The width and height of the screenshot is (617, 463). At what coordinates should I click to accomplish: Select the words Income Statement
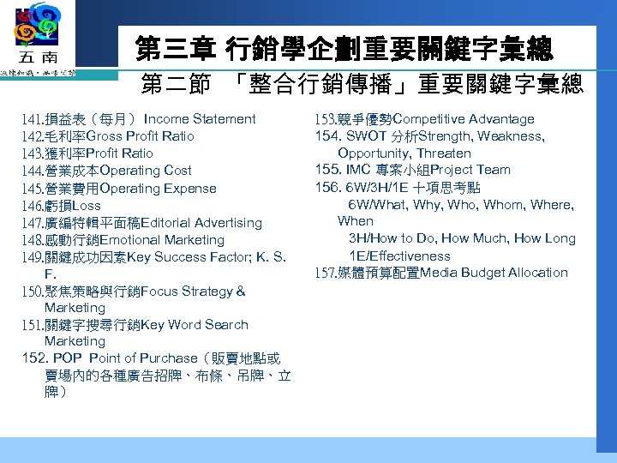point(200,119)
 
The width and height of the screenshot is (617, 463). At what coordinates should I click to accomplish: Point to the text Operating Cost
point(146,171)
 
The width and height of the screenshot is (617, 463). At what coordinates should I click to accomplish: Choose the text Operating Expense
point(159,189)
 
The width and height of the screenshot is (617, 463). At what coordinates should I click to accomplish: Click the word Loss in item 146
point(87,206)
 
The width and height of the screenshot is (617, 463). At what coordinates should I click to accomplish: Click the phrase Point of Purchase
point(131,358)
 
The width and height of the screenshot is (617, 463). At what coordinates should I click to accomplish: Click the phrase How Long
point(548,238)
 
